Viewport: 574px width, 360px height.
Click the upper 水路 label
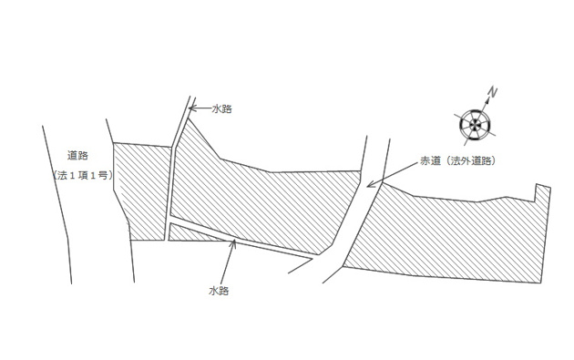(221, 108)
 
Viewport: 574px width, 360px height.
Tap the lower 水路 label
(219, 291)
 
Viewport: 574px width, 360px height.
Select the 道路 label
(77, 155)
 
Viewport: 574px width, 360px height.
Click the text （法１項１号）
(82, 175)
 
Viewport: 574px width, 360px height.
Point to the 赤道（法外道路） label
(457, 160)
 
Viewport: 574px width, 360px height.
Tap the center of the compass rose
(475, 125)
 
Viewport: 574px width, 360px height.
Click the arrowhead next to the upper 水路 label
(192, 108)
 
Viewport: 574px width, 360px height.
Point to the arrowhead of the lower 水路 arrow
(232, 242)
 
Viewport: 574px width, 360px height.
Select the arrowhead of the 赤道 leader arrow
(371, 184)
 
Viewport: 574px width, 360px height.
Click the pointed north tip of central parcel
(189, 118)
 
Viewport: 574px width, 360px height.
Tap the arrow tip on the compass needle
(487, 98)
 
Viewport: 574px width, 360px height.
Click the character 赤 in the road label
(425, 160)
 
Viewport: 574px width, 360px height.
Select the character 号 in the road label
(104, 175)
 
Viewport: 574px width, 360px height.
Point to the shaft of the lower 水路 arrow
(226, 262)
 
